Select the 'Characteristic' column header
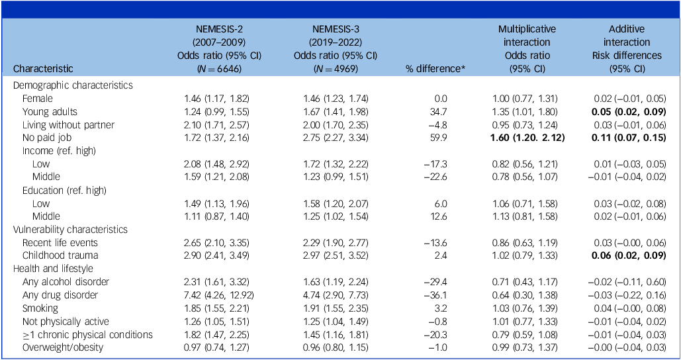pos(43,68)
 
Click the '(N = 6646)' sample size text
pos(222,68)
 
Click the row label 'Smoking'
pos(40,308)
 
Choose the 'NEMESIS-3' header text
pos(335,29)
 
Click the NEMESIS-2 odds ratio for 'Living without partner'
pos(222,124)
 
